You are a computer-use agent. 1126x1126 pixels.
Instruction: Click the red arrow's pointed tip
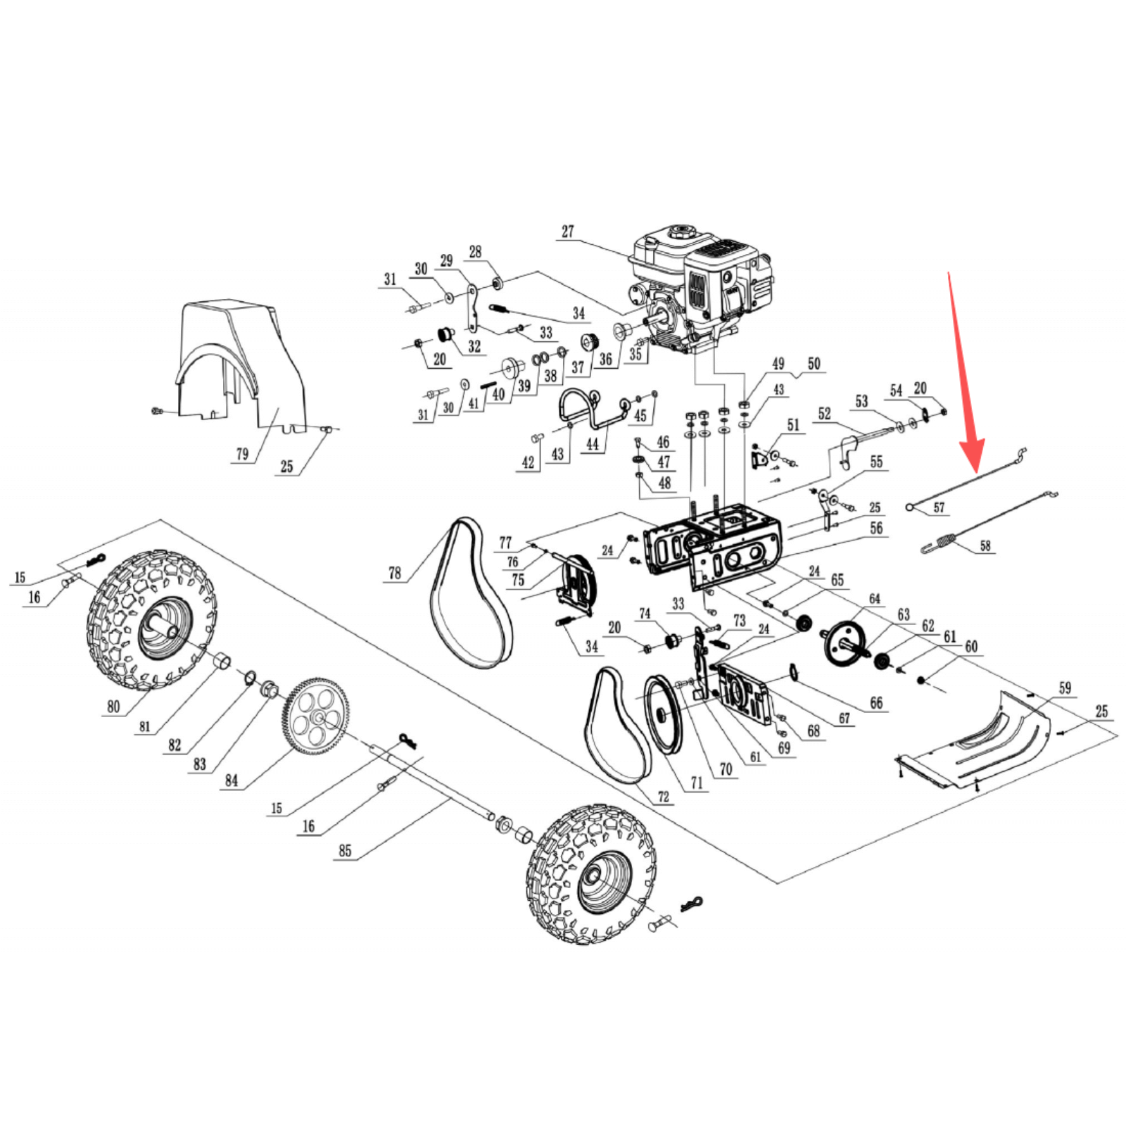point(976,470)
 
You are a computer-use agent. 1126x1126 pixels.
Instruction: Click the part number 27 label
point(568,232)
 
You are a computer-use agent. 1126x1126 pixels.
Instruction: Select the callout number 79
point(242,454)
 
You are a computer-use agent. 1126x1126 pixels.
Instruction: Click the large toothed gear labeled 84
point(315,716)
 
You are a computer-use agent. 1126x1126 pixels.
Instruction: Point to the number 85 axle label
point(345,851)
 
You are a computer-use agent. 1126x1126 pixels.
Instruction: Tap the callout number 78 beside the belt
point(395,574)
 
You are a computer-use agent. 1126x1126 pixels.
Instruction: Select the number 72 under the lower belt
point(663,797)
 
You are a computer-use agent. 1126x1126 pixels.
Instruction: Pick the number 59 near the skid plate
point(1065,688)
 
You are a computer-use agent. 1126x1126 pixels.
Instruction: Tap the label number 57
point(939,507)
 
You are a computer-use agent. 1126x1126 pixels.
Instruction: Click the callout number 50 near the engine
point(814,364)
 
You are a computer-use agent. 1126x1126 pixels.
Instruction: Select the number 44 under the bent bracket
point(593,444)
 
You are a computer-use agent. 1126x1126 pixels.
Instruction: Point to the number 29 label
point(446,261)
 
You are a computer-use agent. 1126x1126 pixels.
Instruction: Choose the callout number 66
point(876,702)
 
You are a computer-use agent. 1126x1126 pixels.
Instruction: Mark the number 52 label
point(825,414)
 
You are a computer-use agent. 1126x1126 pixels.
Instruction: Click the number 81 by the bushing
point(144,727)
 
